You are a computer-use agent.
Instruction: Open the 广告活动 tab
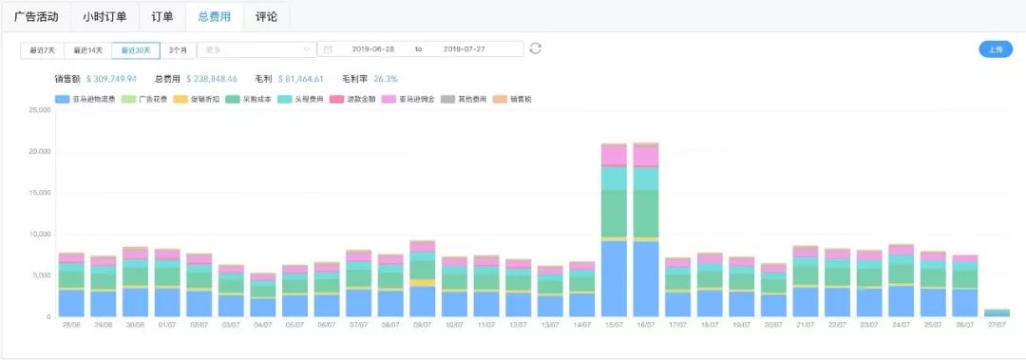click(36, 16)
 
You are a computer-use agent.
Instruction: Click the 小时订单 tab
click(104, 16)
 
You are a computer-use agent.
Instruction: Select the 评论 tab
click(266, 16)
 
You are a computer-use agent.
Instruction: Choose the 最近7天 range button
click(43, 49)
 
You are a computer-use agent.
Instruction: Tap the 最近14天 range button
click(88, 49)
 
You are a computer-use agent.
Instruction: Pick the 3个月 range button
click(178, 49)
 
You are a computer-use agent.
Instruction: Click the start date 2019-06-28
click(373, 49)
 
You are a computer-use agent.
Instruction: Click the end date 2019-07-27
click(465, 49)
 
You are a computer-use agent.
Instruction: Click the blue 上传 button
click(996, 49)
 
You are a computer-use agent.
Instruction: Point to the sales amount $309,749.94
click(111, 79)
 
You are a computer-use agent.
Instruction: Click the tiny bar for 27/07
click(997, 313)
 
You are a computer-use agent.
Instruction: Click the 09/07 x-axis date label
click(422, 325)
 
